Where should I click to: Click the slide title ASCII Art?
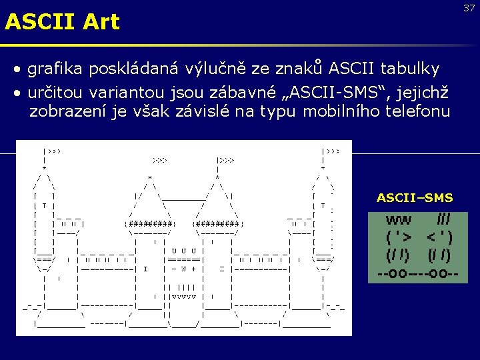point(62,22)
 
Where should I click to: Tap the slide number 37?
point(469,8)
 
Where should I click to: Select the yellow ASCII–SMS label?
point(415,198)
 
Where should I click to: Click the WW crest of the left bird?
point(399,220)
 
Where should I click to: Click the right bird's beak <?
point(431,237)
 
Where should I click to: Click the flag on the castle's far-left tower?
point(52,151)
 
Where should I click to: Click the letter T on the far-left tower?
point(43,207)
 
